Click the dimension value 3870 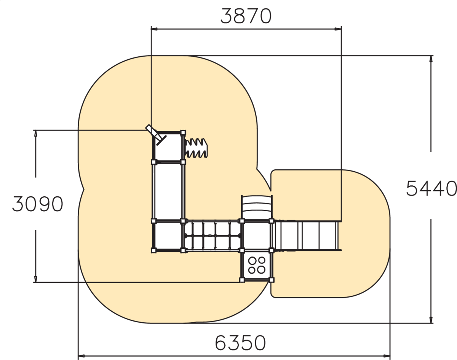tap(246, 16)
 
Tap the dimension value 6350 tap(240, 343)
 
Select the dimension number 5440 tap(431, 188)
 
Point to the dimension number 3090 tap(37, 204)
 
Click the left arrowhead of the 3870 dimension tap(154, 29)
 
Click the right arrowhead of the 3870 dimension tap(338, 29)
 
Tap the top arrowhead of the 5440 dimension tap(431, 59)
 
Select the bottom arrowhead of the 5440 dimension tap(431, 320)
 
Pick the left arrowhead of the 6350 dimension tap(81, 356)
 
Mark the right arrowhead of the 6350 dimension tap(387, 356)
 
